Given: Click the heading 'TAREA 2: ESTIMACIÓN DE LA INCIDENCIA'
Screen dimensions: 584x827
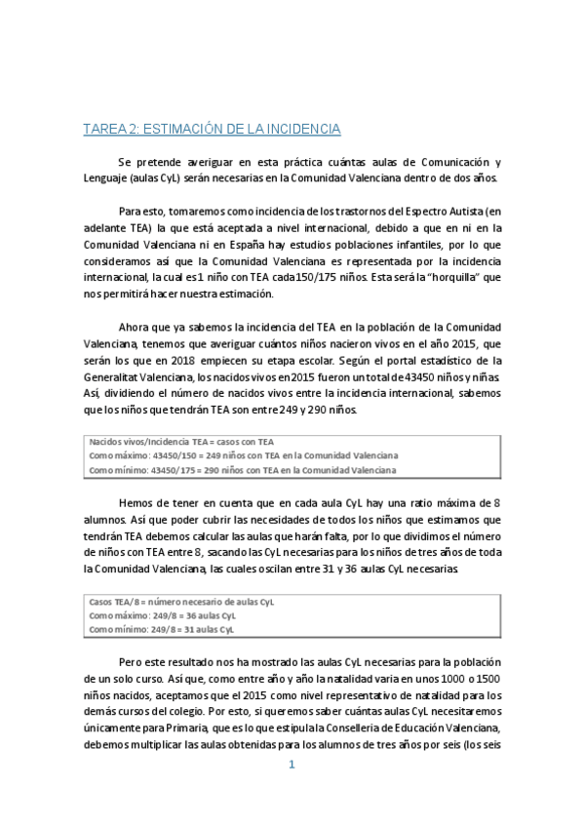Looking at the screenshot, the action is [x=211, y=129].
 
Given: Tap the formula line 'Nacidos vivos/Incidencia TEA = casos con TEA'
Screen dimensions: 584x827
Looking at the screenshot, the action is [x=181, y=442].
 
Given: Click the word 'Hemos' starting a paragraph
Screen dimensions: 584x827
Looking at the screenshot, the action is [x=135, y=500].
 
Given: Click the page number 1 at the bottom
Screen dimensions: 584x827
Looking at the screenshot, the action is [x=291, y=765].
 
